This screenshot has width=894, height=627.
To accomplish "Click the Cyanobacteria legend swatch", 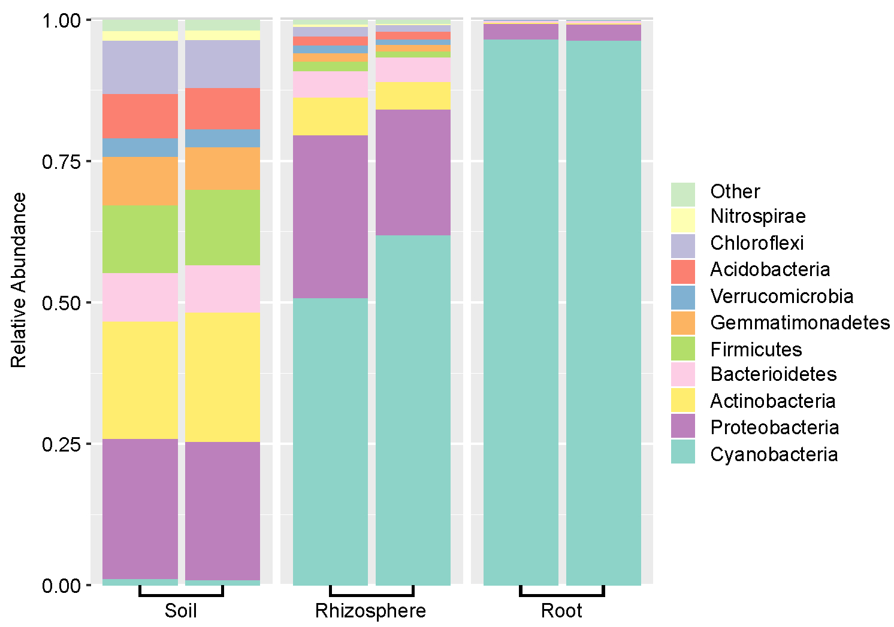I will click(x=682, y=452).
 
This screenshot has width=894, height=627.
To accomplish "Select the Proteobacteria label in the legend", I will click(x=774, y=428).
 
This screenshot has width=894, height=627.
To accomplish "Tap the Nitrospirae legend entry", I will click(x=757, y=216).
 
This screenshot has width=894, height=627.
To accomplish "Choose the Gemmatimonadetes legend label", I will click(x=799, y=323).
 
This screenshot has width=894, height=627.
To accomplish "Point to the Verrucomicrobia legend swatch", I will click(x=682, y=297).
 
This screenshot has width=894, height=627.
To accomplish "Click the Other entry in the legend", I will click(x=735, y=192).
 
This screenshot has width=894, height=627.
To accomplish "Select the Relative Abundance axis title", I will click(x=19, y=280).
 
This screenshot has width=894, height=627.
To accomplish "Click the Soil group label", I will click(x=180, y=611).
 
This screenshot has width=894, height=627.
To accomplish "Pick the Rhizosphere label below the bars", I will click(x=370, y=611).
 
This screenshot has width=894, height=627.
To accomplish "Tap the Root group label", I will click(x=561, y=611).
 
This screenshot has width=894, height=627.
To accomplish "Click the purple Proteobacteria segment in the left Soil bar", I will click(x=140, y=509).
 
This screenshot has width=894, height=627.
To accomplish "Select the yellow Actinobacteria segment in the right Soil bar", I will click(x=222, y=377).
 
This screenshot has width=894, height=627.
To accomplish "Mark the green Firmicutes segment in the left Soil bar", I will click(x=140, y=239).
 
